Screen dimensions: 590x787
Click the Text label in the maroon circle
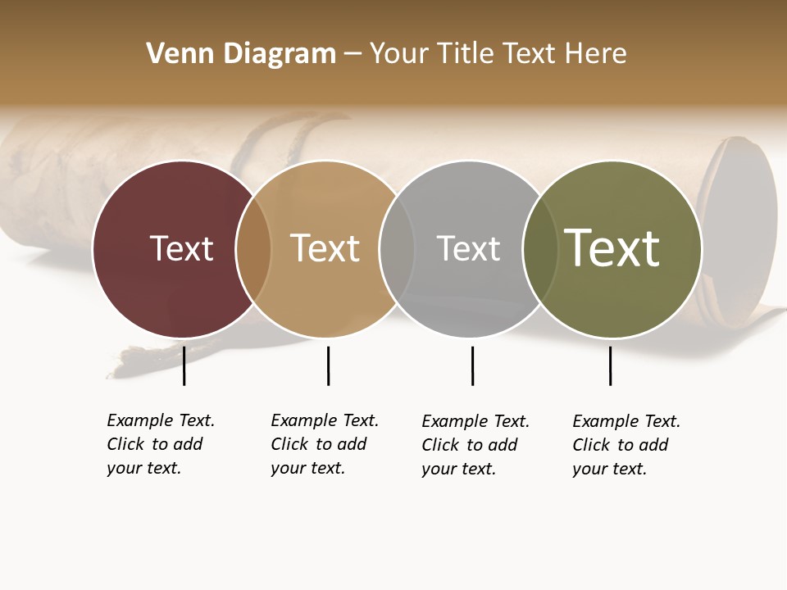click(x=181, y=248)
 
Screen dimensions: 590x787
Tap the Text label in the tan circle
click(x=325, y=248)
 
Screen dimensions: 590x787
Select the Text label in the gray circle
click(x=468, y=248)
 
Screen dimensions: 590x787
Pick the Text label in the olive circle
click(x=612, y=248)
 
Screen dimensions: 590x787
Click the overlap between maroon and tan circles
click(x=253, y=249)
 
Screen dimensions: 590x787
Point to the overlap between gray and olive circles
click(x=540, y=249)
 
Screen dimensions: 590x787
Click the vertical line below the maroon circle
click(x=184, y=365)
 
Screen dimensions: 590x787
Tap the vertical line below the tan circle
click(x=328, y=365)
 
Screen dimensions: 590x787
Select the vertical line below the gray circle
click(x=472, y=365)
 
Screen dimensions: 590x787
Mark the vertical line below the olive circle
click(x=610, y=365)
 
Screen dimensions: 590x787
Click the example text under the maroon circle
click(x=161, y=444)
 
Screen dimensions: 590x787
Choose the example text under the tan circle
click(x=325, y=444)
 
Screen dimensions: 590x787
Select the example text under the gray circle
click(x=475, y=445)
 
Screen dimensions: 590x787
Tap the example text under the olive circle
click(x=626, y=445)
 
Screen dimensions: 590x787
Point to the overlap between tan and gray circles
click(x=397, y=249)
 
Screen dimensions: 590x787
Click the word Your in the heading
click(x=398, y=54)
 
